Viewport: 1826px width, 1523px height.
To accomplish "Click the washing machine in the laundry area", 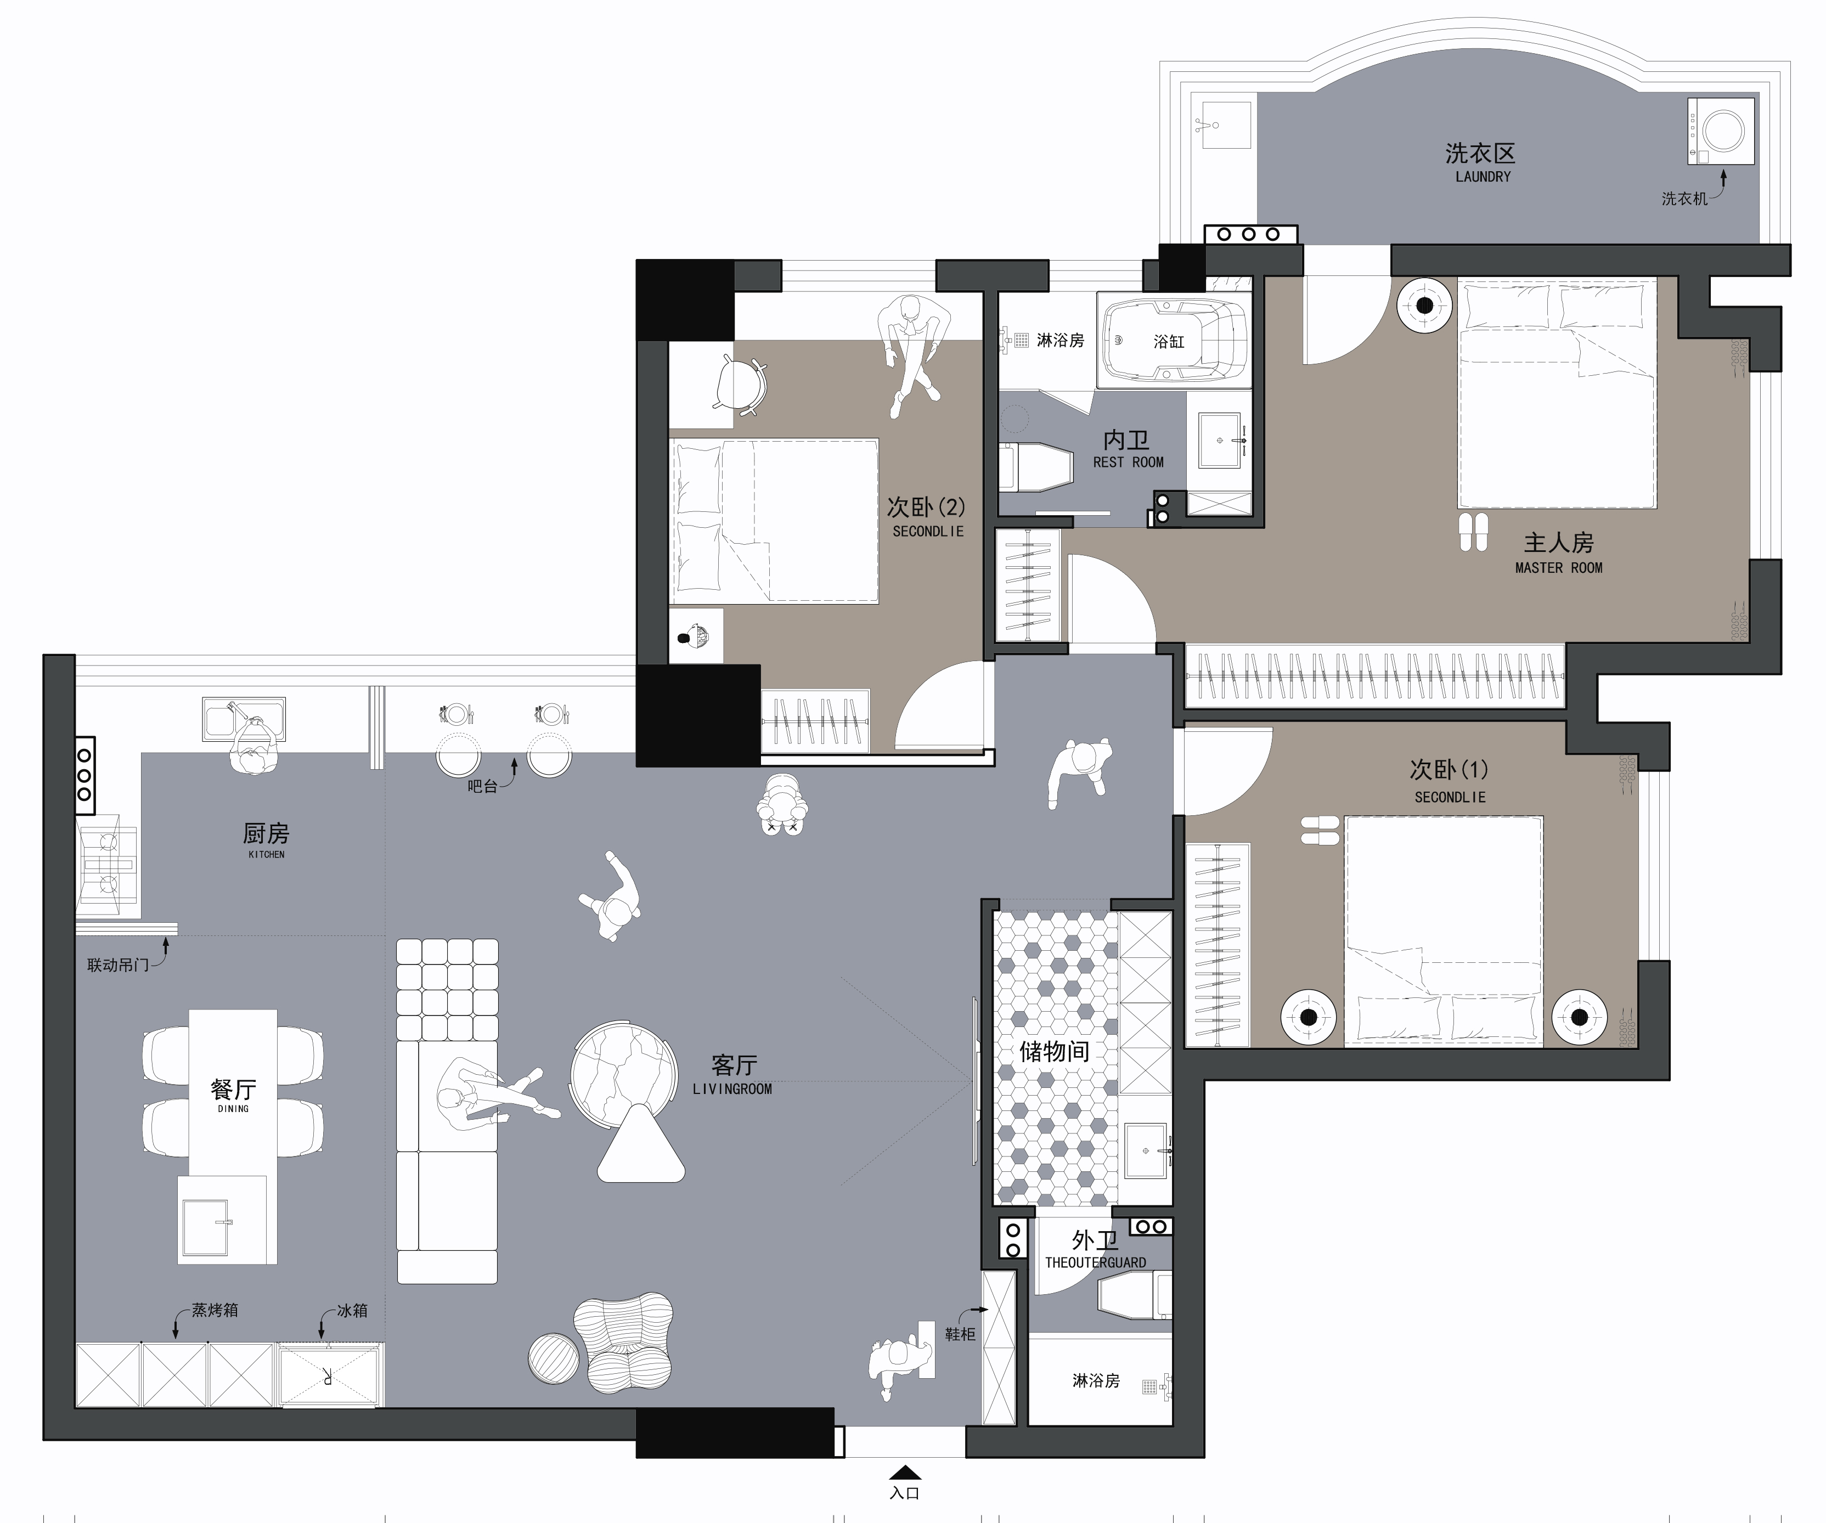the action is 1721,131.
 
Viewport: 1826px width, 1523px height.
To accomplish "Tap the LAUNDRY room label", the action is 1483,177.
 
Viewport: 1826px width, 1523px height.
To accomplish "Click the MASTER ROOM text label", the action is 1558,568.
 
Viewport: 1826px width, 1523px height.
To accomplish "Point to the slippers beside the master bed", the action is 1473,532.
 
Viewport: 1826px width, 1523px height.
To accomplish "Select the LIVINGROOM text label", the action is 732,1088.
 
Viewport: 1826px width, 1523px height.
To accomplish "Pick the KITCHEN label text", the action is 266,855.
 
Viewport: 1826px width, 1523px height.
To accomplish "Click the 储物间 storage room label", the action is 1054,1051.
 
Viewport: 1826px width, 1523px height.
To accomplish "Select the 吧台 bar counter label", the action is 482,786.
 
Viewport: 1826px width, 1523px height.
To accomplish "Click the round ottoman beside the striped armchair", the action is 553,1358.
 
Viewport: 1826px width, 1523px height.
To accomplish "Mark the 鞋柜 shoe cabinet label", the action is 960,1334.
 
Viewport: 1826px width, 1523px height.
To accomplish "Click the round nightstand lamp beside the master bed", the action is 1424,305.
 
